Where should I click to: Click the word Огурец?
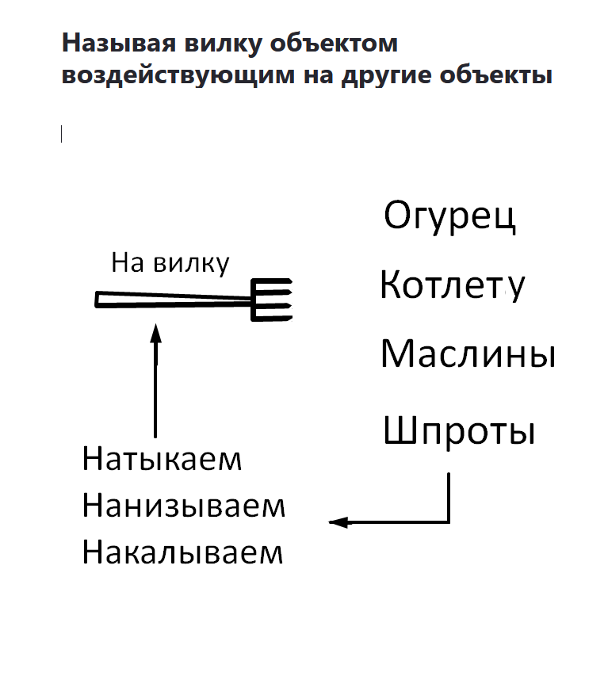(x=449, y=216)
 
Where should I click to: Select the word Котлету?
(x=451, y=286)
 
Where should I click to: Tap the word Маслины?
(x=467, y=354)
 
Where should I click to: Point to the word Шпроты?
(x=459, y=432)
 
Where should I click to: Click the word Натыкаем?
(x=162, y=460)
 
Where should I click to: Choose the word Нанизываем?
(x=183, y=506)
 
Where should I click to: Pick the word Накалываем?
(x=182, y=552)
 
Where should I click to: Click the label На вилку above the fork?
(x=170, y=262)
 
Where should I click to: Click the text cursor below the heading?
(x=62, y=135)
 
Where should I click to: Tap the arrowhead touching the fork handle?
(x=155, y=330)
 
